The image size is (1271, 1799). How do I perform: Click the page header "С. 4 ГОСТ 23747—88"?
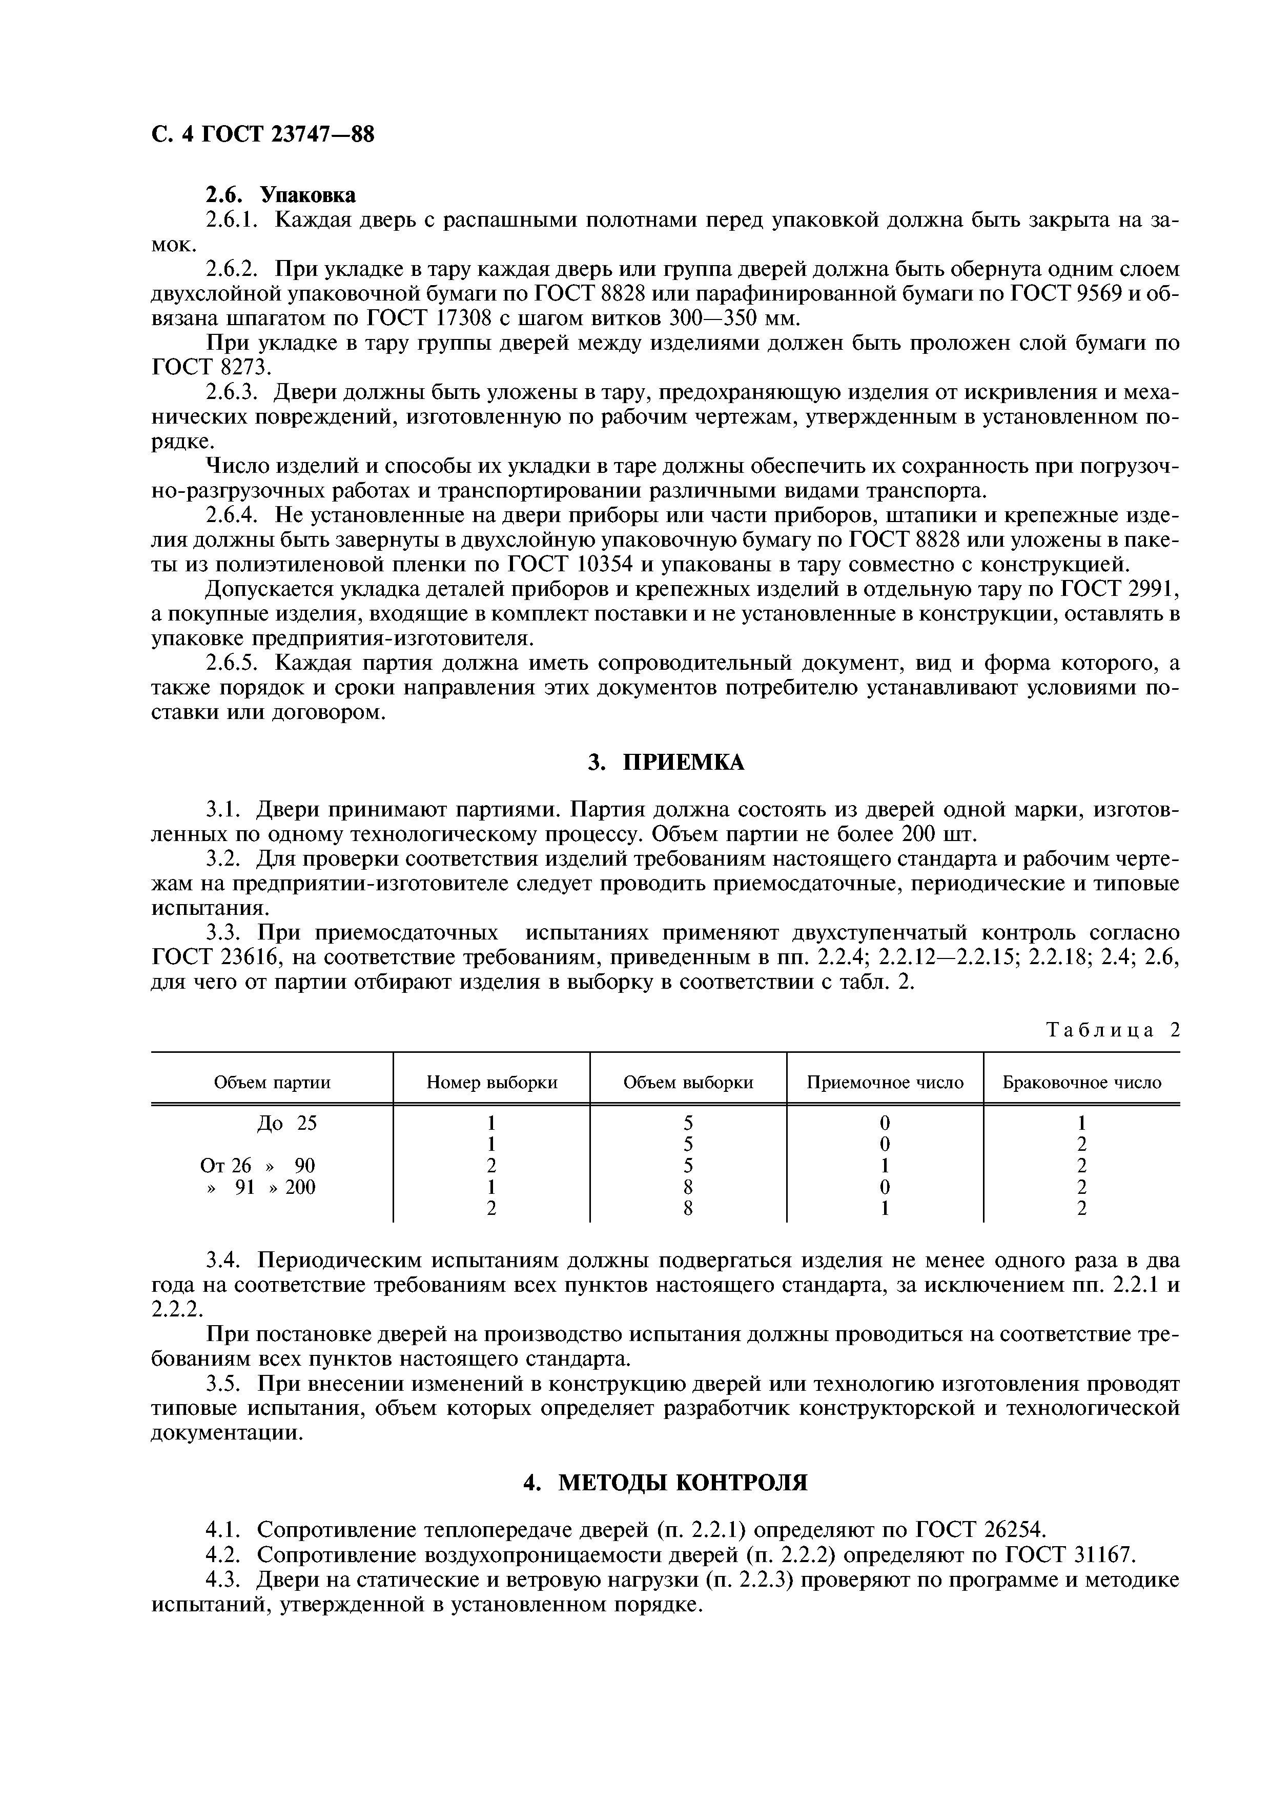coord(262,135)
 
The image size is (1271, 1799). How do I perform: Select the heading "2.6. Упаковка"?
coord(280,194)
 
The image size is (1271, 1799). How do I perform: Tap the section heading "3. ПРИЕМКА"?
coord(666,763)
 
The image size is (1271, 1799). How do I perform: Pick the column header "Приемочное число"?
coord(885,1082)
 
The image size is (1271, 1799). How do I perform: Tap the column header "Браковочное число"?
coord(1081,1082)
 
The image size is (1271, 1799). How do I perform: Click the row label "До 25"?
coord(286,1123)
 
